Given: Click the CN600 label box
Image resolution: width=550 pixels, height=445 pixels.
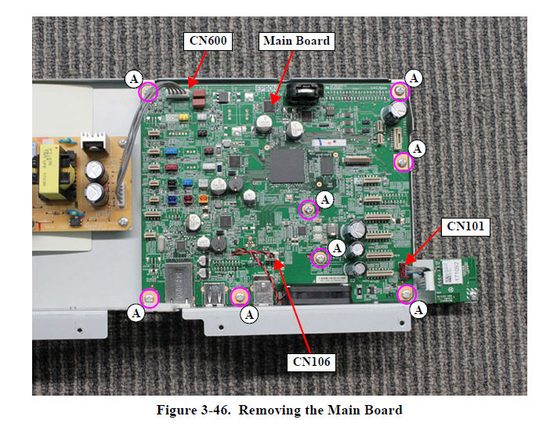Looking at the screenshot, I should coord(208,41).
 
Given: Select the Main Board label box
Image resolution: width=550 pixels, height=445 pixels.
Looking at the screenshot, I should coord(297,41).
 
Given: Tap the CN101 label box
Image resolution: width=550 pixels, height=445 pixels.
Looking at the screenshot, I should coord(466,226).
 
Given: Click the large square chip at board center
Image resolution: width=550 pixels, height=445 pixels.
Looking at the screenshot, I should coord(287,165).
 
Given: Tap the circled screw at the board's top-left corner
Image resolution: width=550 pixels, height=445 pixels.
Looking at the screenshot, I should coord(148,92).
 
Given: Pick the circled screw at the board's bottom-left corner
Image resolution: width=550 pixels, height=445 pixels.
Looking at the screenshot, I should coord(149,298).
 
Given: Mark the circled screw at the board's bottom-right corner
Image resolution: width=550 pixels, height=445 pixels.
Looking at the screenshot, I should coord(406,295).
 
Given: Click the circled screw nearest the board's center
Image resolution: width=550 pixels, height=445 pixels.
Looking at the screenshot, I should coord(310,209).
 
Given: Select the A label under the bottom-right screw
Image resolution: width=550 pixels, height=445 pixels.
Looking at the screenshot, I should coord(419,310).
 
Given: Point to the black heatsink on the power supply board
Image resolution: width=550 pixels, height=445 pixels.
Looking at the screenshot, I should coord(94,143).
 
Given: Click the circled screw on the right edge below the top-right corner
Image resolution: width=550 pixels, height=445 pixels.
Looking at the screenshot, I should coord(403,162).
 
